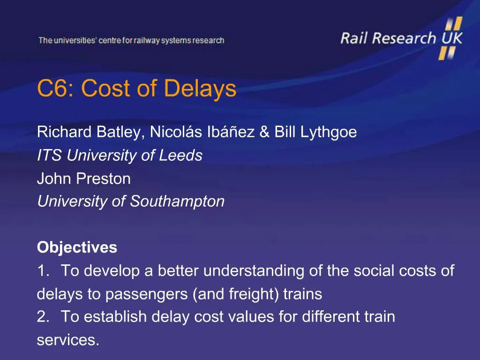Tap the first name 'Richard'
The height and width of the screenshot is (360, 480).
pyautogui.click(x=65, y=133)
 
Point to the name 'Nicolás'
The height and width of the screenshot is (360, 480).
pyautogui.click(x=176, y=133)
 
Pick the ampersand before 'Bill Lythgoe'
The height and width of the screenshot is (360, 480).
pyautogui.click(x=264, y=133)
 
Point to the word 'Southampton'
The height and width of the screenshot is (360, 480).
pyautogui.click(x=177, y=202)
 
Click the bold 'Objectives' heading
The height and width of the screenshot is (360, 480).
pyautogui.click(x=77, y=247)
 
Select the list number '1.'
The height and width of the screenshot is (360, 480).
pyautogui.click(x=43, y=270)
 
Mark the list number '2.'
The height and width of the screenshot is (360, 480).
pyautogui.click(x=43, y=317)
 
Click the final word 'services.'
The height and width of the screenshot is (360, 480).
pyautogui.click(x=68, y=340)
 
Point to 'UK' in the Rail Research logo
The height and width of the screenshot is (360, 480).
pyautogui.click(x=451, y=38)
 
